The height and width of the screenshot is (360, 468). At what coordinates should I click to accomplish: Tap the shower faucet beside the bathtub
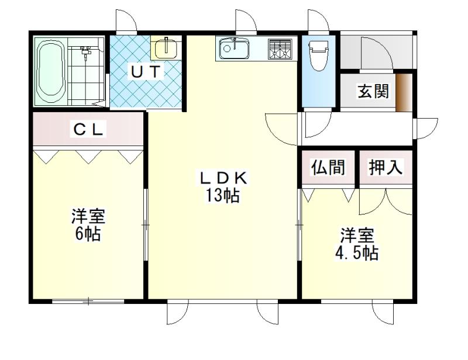coord(85,52)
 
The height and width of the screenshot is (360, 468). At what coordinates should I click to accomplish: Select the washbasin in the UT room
coord(166,47)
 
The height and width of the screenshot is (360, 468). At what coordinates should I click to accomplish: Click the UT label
coord(146,71)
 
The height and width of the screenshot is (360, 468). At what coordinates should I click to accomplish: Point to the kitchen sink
coord(234,49)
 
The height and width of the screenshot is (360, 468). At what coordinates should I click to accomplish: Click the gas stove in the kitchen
coord(280,49)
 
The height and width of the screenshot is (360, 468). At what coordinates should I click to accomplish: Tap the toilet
coord(318,55)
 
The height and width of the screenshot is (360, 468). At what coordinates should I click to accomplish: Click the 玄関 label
coord(373,91)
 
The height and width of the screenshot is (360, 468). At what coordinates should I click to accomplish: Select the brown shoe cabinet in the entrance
coord(404,92)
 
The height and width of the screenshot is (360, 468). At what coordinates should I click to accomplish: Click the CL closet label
coord(88,130)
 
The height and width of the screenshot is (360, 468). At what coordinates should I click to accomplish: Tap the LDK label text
coord(224,179)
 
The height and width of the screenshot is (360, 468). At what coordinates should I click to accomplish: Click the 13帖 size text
coord(222,196)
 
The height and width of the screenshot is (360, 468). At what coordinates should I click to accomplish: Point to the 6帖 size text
coord(88,234)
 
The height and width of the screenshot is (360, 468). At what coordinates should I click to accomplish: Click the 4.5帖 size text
coord(357,252)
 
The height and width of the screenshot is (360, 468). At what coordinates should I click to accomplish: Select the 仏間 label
coord(328,167)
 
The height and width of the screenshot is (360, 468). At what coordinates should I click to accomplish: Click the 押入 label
coord(386,167)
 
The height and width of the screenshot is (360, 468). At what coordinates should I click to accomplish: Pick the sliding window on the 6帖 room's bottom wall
coord(88,302)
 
